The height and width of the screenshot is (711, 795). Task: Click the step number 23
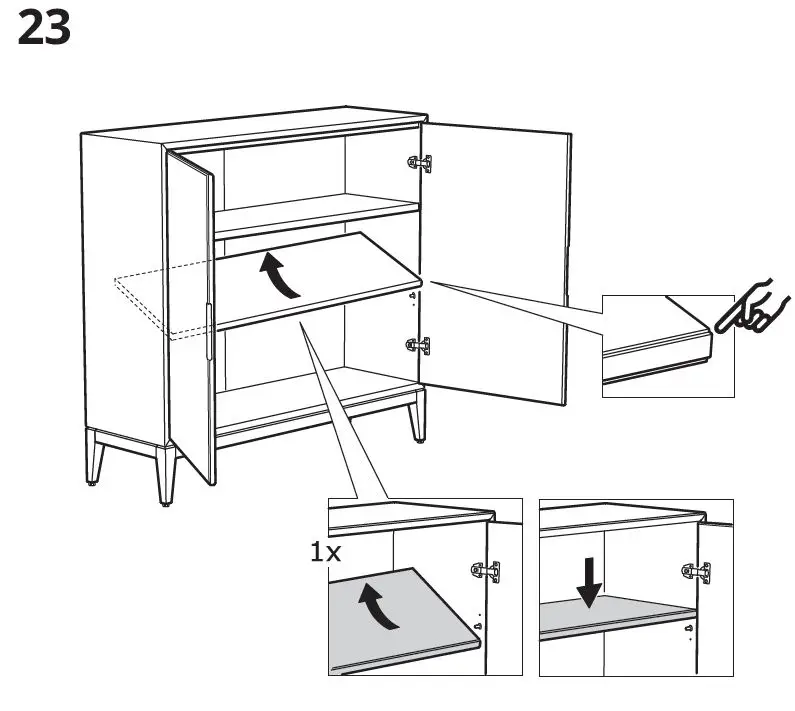pos(45,29)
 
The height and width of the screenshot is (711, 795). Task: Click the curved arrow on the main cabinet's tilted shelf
pos(280,275)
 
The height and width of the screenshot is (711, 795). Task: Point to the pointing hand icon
pos(751,308)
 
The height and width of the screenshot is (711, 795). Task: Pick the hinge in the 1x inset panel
pos(487,572)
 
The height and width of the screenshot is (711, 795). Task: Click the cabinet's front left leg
pos(164,475)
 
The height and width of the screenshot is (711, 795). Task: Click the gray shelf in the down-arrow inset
pos(615,621)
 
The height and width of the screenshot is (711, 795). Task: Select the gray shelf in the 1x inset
pos(400,625)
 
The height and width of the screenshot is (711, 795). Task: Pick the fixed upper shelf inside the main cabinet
pos(315,213)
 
